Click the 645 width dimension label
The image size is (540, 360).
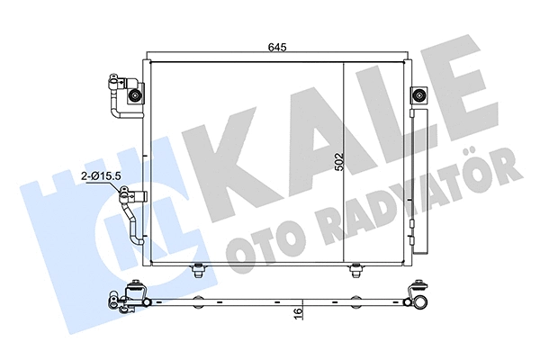(276, 47)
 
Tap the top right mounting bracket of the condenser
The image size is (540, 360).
(418, 96)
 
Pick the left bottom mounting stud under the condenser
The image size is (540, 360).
(197, 267)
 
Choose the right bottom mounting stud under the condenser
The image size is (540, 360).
(356, 267)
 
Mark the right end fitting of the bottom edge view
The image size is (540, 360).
(418, 296)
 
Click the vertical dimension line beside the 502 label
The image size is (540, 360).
(347, 162)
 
